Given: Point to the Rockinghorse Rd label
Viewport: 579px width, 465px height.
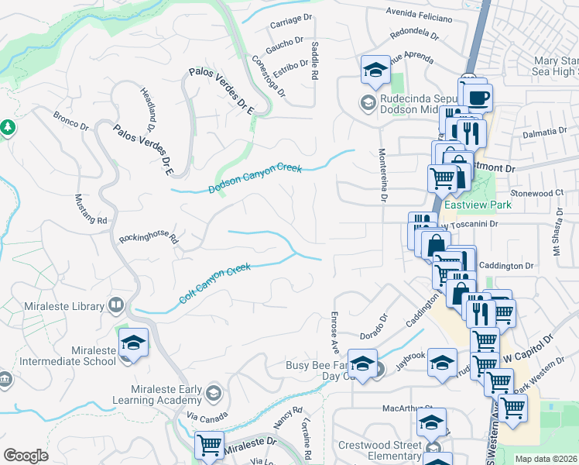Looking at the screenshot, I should click(148, 237).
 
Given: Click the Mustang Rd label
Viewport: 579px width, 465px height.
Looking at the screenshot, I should click(91, 209).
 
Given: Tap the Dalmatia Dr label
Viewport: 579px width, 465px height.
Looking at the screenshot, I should click(545, 133).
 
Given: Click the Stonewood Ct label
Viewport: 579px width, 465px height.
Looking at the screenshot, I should click(536, 192).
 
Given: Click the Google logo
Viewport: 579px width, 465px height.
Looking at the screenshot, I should click(26, 456).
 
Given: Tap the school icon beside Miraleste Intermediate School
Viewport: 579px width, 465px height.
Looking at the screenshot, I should click(133, 343).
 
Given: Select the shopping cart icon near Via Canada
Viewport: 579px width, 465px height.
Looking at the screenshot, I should click(209, 446).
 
